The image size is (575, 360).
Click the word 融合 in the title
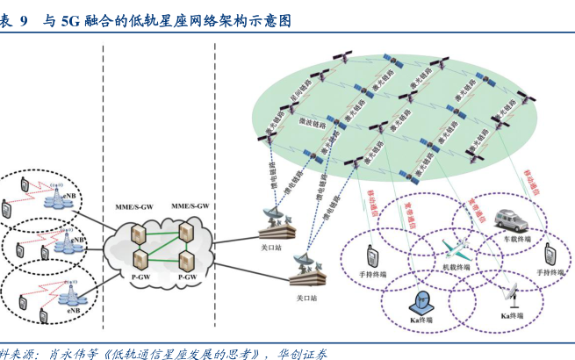coord(98,19)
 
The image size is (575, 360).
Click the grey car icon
coord(511,217)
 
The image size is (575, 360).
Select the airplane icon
coord(456,245)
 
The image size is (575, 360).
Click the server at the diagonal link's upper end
coord(186,230)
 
